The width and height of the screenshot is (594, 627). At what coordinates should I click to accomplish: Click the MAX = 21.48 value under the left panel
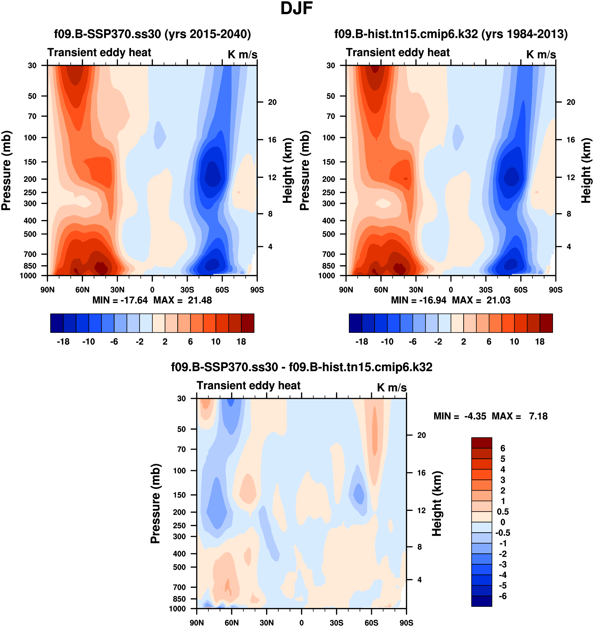pyautogui.click(x=182, y=300)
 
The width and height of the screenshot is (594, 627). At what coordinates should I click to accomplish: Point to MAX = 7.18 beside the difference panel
pyautogui.click(x=519, y=416)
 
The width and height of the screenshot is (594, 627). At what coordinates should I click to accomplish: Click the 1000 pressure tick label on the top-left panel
pyautogui.click(x=28, y=276)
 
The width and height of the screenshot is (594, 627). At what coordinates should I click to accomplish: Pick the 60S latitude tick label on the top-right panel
pyautogui.click(x=521, y=290)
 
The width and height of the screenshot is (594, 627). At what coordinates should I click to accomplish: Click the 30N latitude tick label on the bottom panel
pyautogui.click(x=266, y=623)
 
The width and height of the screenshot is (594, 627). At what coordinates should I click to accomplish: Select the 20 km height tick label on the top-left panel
pyautogui.click(x=272, y=102)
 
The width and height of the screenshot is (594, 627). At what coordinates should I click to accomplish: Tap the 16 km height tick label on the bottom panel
pyautogui.click(x=421, y=473)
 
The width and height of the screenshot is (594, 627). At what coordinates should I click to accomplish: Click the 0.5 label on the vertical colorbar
pyautogui.click(x=503, y=512)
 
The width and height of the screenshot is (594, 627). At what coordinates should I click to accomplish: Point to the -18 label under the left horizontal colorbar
pyautogui.click(x=63, y=342)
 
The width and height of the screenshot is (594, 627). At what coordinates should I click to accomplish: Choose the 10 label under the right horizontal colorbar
pyautogui.click(x=514, y=342)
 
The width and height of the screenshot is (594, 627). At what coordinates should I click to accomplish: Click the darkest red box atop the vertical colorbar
pyautogui.click(x=481, y=443)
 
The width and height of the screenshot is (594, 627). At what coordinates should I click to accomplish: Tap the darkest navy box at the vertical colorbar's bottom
pyautogui.click(x=481, y=601)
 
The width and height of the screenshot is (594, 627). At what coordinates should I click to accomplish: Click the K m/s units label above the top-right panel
pyautogui.click(x=541, y=54)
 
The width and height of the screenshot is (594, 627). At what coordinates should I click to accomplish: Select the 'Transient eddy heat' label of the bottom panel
pyautogui.click(x=248, y=385)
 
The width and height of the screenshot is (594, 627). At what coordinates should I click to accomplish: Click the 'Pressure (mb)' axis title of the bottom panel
pyautogui.click(x=155, y=504)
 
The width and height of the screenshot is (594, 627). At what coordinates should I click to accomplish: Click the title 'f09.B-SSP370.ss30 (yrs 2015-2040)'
pyautogui.click(x=152, y=34)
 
